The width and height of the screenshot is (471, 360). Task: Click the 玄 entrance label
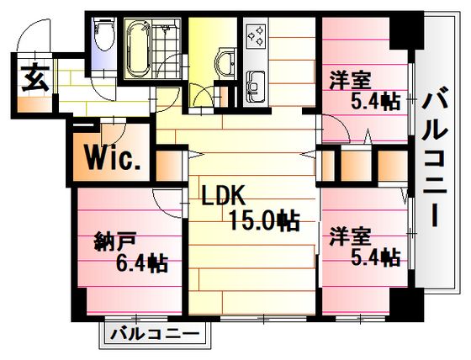tap(35, 77)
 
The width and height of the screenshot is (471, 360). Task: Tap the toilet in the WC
tap(103, 33)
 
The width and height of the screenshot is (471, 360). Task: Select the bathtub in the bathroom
tap(139, 49)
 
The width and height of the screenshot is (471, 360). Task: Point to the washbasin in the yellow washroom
tap(225, 63)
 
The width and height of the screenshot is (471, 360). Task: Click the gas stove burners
tap(256, 36)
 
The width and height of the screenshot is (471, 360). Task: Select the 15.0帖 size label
tap(264, 220)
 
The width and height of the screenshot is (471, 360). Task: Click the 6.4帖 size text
tap(141, 262)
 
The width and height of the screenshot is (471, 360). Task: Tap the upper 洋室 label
tap(350, 80)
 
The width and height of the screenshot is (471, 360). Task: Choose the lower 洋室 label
tap(350, 237)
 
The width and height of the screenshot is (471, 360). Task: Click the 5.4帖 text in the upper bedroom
tap(376, 101)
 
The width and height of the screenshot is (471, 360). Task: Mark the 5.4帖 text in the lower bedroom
tap(376, 257)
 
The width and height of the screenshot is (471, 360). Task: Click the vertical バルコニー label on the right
tap(435, 156)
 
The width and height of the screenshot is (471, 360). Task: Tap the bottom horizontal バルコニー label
tap(155, 334)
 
